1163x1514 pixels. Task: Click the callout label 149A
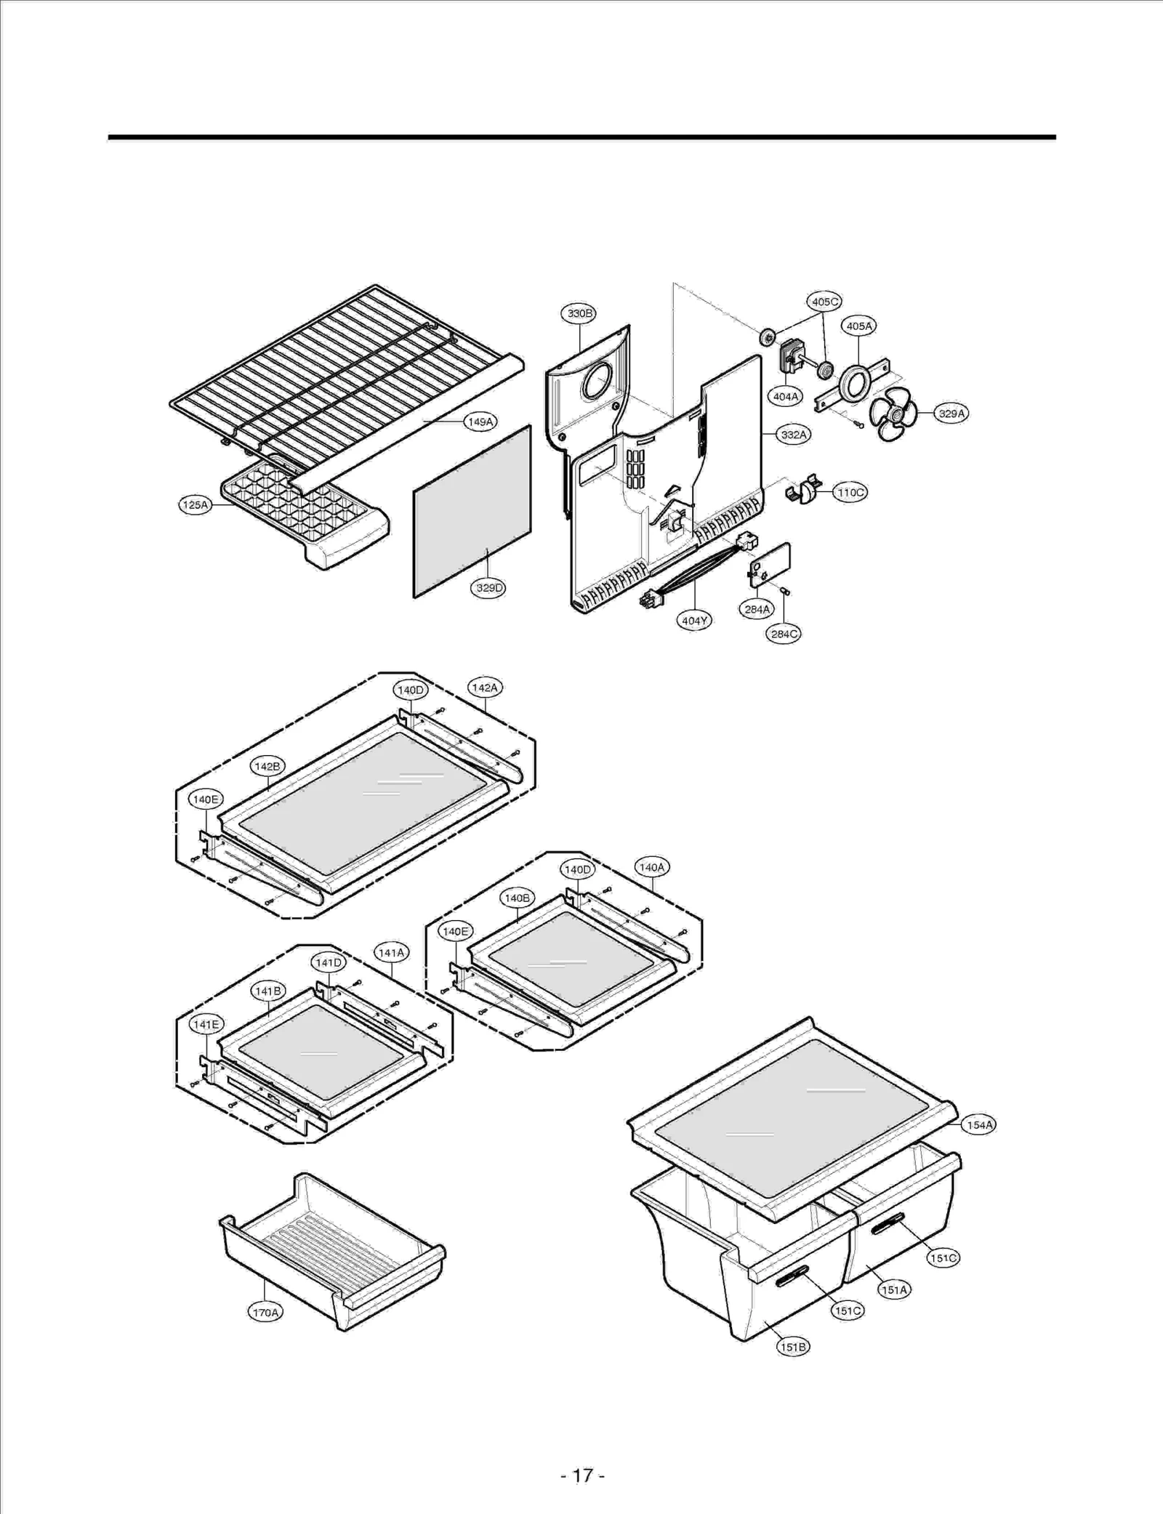(480, 422)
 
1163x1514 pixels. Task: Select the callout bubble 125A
(195, 504)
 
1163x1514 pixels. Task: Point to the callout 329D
(489, 588)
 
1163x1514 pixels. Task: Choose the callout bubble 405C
(824, 302)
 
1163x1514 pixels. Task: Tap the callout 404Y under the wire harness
(694, 621)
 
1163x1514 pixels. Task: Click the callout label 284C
(784, 634)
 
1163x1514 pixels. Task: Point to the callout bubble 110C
(850, 492)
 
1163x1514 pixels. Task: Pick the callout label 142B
(267, 766)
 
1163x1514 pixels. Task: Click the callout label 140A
(651, 867)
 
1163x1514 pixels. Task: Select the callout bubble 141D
(328, 962)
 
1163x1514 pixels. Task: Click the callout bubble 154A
(978, 1125)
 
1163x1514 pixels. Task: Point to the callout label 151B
(792, 1347)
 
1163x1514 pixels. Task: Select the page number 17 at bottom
(582, 1475)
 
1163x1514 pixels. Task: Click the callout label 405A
(858, 326)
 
